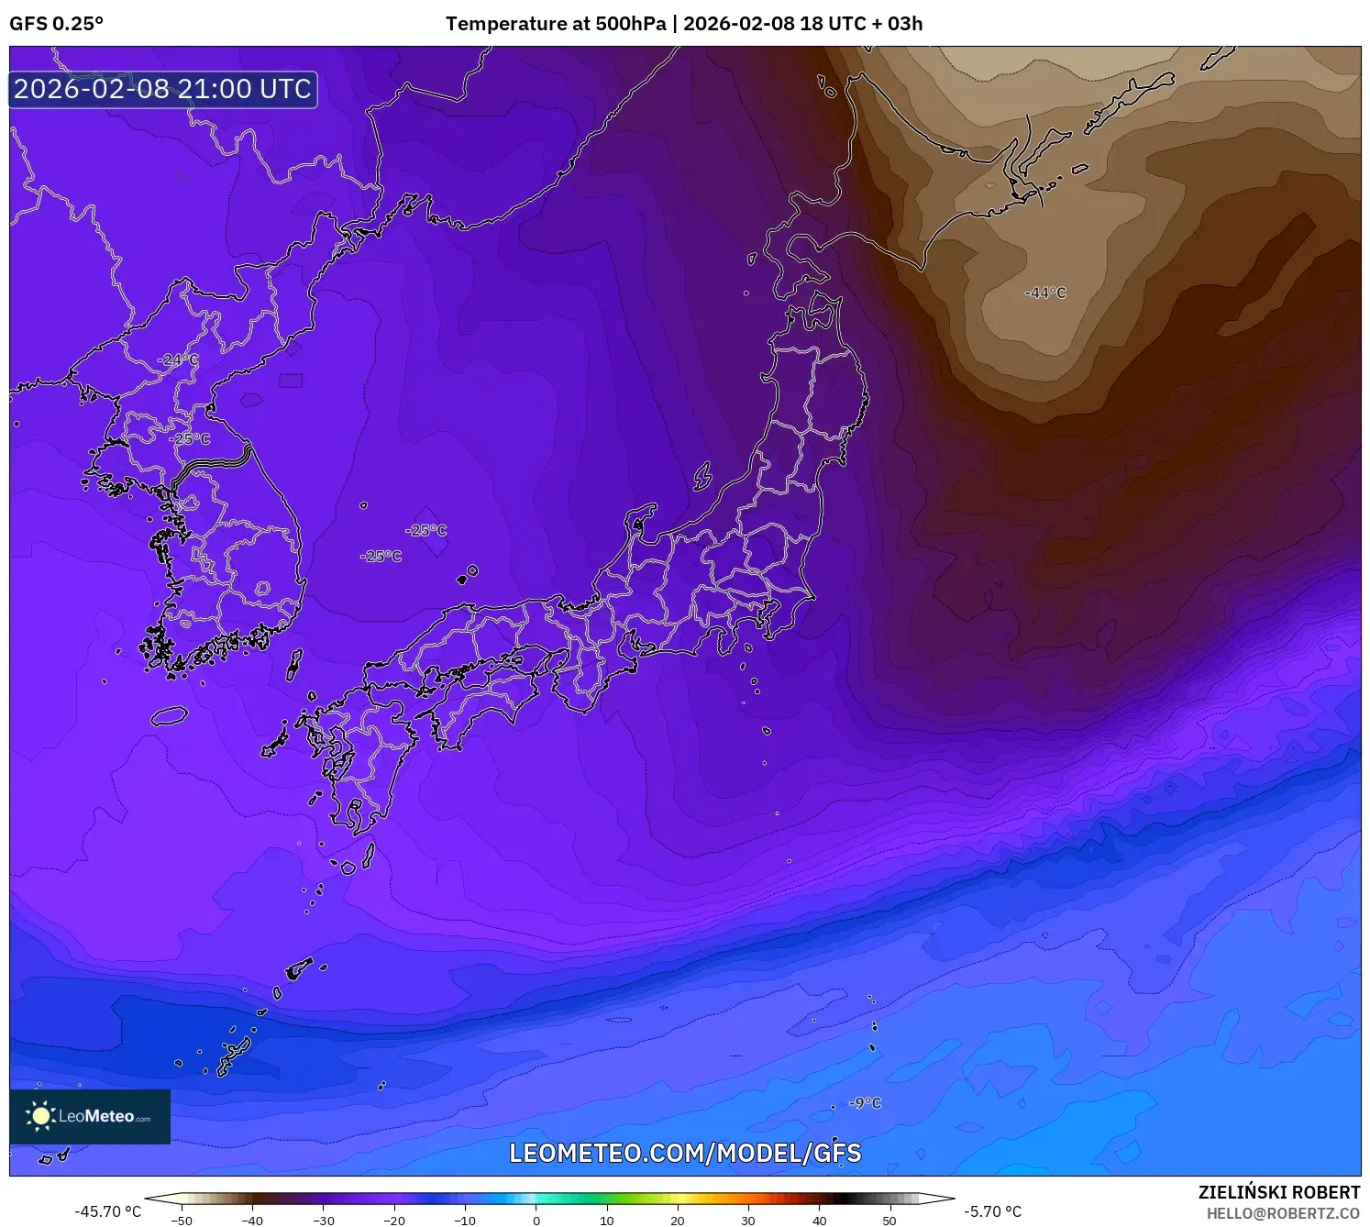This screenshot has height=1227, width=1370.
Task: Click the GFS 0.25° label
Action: tap(56, 24)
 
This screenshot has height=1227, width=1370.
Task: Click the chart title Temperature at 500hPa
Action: tap(556, 24)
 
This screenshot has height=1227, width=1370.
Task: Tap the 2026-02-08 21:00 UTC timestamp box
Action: tap(163, 89)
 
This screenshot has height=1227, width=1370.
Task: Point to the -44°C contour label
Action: tap(1045, 293)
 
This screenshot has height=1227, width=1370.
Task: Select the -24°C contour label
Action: tap(178, 359)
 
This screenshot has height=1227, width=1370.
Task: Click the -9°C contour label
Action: tap(865, 1102)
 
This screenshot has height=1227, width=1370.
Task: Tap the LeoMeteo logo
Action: tap(90, 1116)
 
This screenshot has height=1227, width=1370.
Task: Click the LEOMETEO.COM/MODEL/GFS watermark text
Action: tap(685, 1153)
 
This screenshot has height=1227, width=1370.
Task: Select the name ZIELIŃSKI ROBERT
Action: tap(1279, 1192)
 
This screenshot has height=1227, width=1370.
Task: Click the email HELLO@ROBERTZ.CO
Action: tap(1283, 1213)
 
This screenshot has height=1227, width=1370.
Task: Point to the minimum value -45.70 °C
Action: tap(108, 1211)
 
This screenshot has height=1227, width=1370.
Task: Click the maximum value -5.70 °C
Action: tap(992, 1211)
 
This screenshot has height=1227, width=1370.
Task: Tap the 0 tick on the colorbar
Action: tap(536, 1220)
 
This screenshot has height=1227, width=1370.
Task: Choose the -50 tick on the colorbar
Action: tap(182, 1220)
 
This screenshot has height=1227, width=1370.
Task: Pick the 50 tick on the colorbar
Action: tap(889, 1220)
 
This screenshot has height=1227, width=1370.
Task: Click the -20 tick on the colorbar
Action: tap(394, 1220)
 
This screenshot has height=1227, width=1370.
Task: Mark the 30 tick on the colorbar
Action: tap(748, 1220)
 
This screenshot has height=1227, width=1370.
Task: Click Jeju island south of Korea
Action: tap(169, 715)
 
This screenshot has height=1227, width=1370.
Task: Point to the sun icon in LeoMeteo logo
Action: tap(40, 1116)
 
